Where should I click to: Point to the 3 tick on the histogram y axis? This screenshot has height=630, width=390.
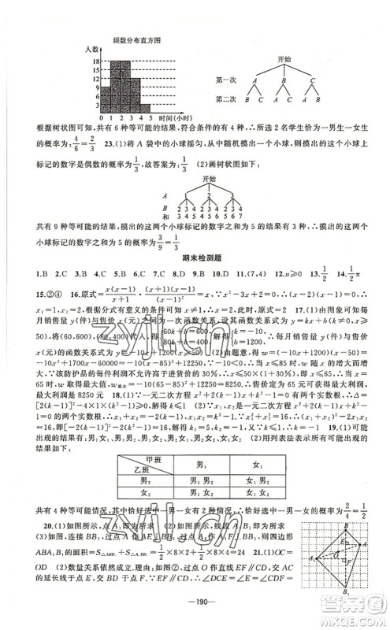96,105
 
